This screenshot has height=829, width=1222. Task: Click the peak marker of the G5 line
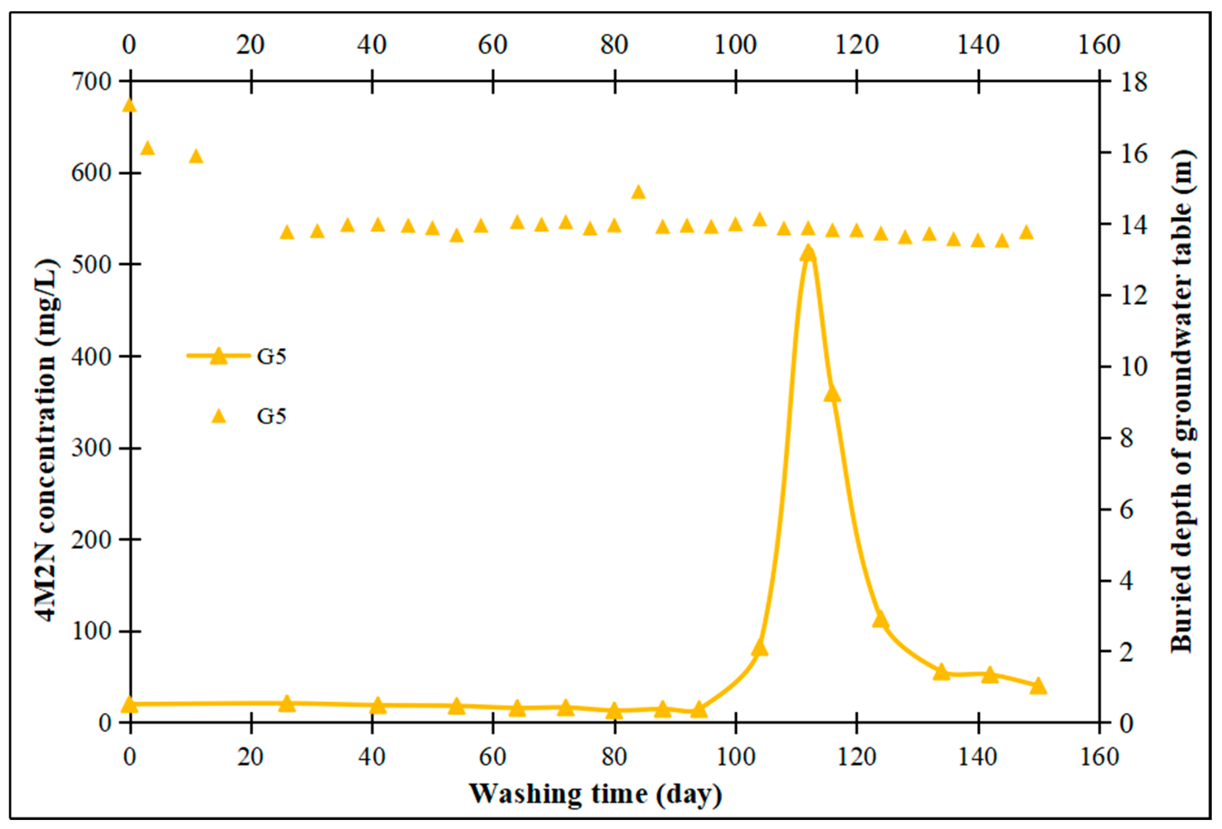pyautogui.click(x=808, y=254)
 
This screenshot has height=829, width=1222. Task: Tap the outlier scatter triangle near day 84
pyautogui.click(x=638, y=192)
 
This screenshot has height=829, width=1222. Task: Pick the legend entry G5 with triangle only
pyautogui.click(x=247, y=416)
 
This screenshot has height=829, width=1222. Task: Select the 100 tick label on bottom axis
pyautogui.click(x=735, y=757)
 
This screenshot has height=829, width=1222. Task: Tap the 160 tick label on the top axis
pyautogui.click(x=1099, y=44)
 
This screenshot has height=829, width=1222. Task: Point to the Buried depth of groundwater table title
pyautogui.click(x=1182, y=402)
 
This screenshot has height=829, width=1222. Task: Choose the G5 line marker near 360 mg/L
pyautogui.click(x=832, y=394)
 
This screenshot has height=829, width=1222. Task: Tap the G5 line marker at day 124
pyautogui.click(x=881, y=620)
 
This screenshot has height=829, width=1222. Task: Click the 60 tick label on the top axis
pyautogui.click(x=493, y=44)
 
